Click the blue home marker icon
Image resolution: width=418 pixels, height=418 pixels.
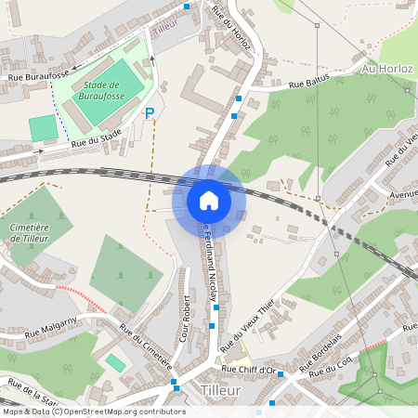click(209, 200)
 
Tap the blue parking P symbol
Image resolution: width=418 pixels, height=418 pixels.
click(150, 113)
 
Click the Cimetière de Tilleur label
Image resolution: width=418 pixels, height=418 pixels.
click(29, 232)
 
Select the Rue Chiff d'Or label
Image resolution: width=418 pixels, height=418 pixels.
click(251, 370)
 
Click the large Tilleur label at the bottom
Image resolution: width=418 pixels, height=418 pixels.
click(220, 391)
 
